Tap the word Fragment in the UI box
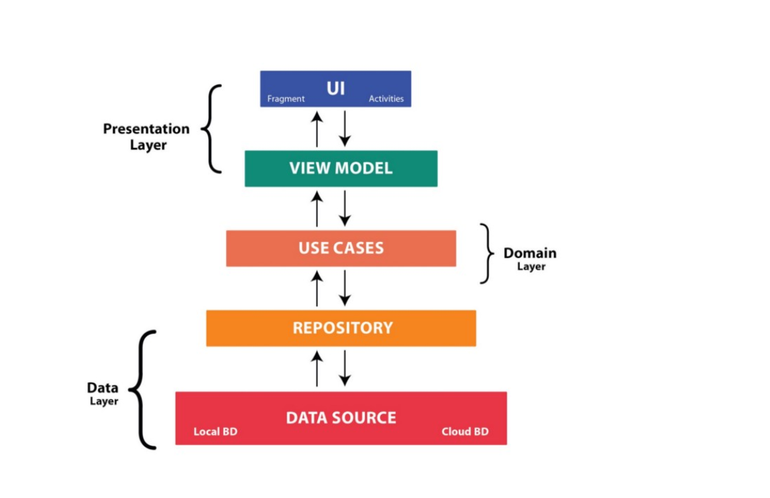pos(286,99)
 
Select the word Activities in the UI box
pos(386,99)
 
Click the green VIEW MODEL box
pos(341,168)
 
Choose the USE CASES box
pos(341,248)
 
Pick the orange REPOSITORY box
pos(341,328)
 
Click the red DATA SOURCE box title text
pos(341,418)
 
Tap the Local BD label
pos(215,432)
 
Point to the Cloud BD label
pos(465,432)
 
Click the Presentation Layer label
pos(146,136)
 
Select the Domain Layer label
pos(530,259)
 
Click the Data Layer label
pos(103,393)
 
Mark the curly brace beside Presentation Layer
pos(211,129)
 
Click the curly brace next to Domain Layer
pos(488,253)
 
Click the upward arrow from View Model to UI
pos(317,128)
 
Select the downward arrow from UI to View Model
pos(345,128)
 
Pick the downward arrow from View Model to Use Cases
pos(345,208)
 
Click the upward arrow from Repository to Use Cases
pos(317,288)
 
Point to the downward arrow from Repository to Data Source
pos(345,368)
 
